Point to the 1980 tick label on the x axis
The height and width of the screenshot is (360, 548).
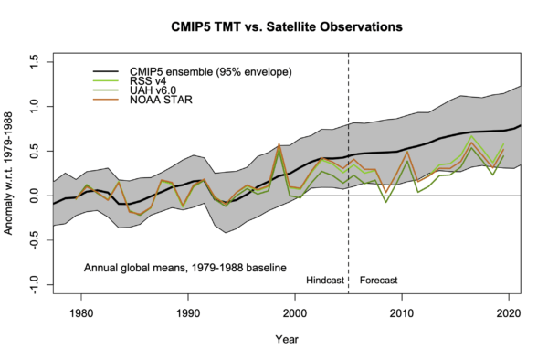click(81, 312)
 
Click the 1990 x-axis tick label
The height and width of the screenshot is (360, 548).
click(188, 312)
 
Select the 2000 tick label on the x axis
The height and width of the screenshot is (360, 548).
click(295, 312)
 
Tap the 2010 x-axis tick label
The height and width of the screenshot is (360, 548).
click(401, 312)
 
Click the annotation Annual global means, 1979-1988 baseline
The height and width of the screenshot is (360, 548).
click(185, 268)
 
